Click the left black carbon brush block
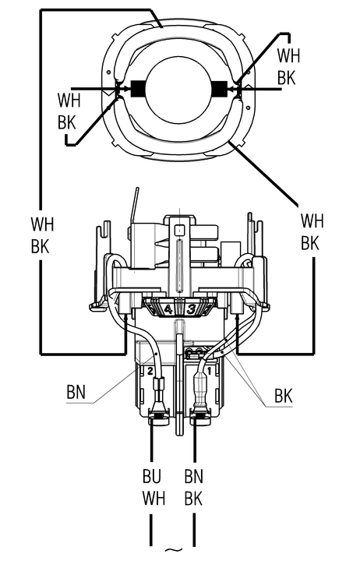click(x=138, y=89)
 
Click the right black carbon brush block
click(x=220, y=89)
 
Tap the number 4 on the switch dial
click(x=168, y=309)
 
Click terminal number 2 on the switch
click(x=150, y=371)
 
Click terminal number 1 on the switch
click(x=210, y=371)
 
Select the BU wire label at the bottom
click(x=152, y=476)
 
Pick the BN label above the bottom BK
click(x=194, y=476)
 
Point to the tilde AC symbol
click(x=173, y=549)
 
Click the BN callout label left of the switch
click(x=76, y=392)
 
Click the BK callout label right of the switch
click(x=284, y=396)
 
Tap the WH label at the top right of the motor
click(x=288, y=55)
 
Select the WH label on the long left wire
click(x=42, y=224)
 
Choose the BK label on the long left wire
click(x=40, y=245)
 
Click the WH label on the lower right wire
click(x=312, y=221)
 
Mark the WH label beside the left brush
click(x=69, y=101)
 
